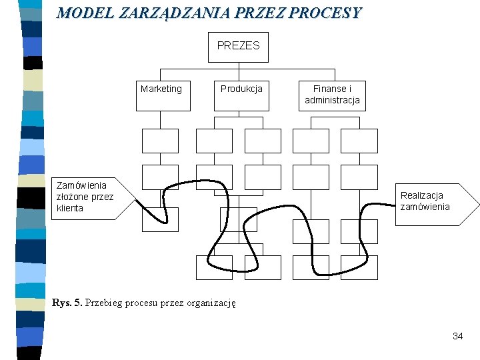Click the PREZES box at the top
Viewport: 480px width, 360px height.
(238, 47)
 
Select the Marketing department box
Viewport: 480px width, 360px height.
(161, 93)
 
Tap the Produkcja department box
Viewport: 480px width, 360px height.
(241, 93)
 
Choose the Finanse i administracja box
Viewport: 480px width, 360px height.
(332, 95)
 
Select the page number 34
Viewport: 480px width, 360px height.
(457, 336)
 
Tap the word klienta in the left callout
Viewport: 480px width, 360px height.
(70, 208)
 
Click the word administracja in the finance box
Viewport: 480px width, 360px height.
(332, 100)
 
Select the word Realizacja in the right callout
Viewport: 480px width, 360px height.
(422, 195)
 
